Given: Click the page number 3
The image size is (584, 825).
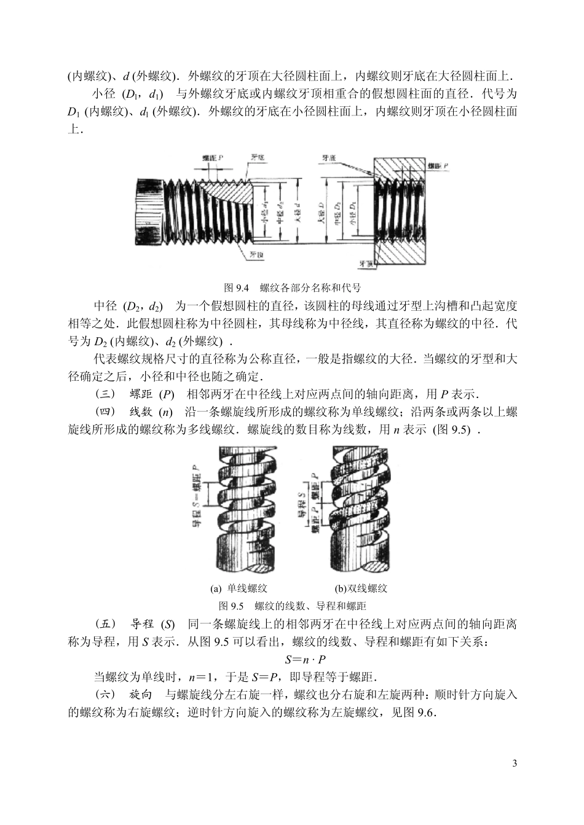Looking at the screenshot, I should pyautogui.click(x=515, y=764).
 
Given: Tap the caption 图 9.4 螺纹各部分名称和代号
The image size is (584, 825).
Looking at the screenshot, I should pyautogui.click(x=292, y=287).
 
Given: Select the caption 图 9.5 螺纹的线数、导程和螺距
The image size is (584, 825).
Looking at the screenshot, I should pyautogui.click(x=293, y=606).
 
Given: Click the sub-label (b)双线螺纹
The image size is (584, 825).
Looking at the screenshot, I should pyautogui.click(x=361, y=588).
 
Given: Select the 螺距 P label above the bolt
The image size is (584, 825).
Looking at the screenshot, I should pyautogui.click(x=212, y=158).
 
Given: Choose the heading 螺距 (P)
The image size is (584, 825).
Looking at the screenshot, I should pyautogui.click(x=152, y=394).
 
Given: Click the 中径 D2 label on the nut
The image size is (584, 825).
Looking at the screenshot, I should pyautogui.click(x=338, y=212).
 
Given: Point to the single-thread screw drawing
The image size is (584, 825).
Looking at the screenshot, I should pyautogui.click(x=243, y=510).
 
